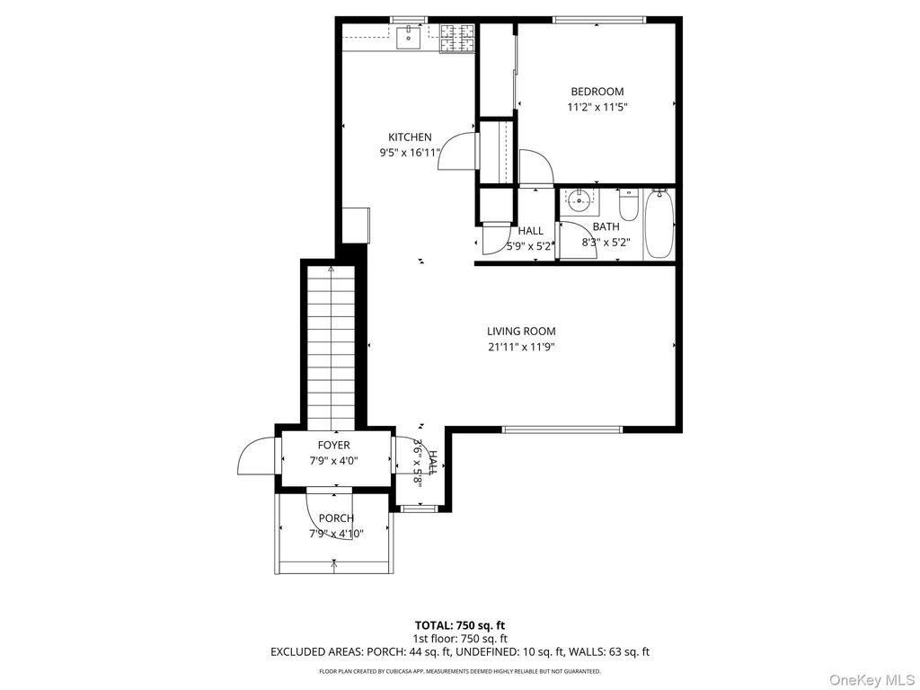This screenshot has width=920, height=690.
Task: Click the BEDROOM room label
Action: pyautogui.click(x=597, y=92)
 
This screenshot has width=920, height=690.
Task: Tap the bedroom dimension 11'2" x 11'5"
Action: pyautogui.click(x=597, y=107)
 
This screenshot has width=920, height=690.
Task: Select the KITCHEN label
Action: pyautogui.click(x=410, y=137)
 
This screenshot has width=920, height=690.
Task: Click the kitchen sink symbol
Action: pyautogui.click(x=410, y=37)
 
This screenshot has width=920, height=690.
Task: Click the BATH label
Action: pyautogui.click(x=606, y=227)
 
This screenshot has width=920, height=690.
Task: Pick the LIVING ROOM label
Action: pyautogui.click(x=521, y=332)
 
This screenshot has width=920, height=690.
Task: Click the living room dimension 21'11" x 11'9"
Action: pyautogui.click(x=521, y=347)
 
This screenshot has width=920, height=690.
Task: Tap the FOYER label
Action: pyautogui.click(x=333, y=446)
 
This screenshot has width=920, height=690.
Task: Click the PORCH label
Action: pyautogui.click(x=335, y=518)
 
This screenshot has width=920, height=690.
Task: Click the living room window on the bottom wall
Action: pyautogui.click(x=562, y=429)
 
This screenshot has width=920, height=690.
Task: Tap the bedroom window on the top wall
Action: pyautogui.click(x=598, y=20)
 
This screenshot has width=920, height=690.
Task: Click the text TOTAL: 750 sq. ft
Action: pyautogui.click(x=459, y=624)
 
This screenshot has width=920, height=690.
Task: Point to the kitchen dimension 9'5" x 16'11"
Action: pyautogui.click(x=410, y=153)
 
